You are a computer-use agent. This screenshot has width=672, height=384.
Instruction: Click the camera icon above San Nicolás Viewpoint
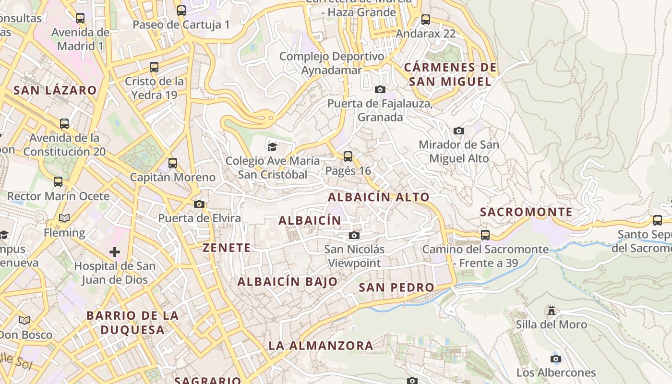(x=354, y=235)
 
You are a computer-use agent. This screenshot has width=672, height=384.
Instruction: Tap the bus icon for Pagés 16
(x=348, y=156)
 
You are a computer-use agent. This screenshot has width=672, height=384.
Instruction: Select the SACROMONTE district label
(x=526, y=212)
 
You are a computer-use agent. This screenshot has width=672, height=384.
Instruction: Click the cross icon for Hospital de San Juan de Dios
(x=115, y=252)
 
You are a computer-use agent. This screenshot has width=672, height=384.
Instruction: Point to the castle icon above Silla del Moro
(x=552, y=311)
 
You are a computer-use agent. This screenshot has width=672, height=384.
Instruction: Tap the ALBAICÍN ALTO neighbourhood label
(x=379, y=197)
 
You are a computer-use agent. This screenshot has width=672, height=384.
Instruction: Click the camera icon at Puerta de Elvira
(x=199, y=204)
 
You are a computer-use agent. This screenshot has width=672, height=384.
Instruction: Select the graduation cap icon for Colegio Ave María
(x=273, y=147)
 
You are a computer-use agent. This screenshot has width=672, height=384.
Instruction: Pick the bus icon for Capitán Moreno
(x=173, y=163)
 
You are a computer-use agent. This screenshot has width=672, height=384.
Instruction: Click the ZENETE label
(x=227, y=248)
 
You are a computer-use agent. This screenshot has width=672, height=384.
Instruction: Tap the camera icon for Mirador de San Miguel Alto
(x=459, y=131)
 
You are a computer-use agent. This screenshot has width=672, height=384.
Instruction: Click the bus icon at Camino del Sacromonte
(x=485, y=235)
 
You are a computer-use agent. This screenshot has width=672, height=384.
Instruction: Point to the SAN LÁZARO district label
(x=55, y=90)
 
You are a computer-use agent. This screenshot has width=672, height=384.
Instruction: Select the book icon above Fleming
(x=64, y=218)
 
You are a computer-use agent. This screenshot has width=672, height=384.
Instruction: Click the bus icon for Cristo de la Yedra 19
(x=154, y=67)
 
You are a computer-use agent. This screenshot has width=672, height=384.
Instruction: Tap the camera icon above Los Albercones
(x=556, y=359)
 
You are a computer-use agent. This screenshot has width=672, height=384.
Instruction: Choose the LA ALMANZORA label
(x=321, y=346)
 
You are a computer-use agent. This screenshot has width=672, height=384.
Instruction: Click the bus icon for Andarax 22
(x=426, y=20)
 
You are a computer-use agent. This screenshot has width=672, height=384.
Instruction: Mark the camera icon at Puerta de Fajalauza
(x=380, y=90)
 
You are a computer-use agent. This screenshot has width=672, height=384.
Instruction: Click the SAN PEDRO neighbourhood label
(x=396, y=288)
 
